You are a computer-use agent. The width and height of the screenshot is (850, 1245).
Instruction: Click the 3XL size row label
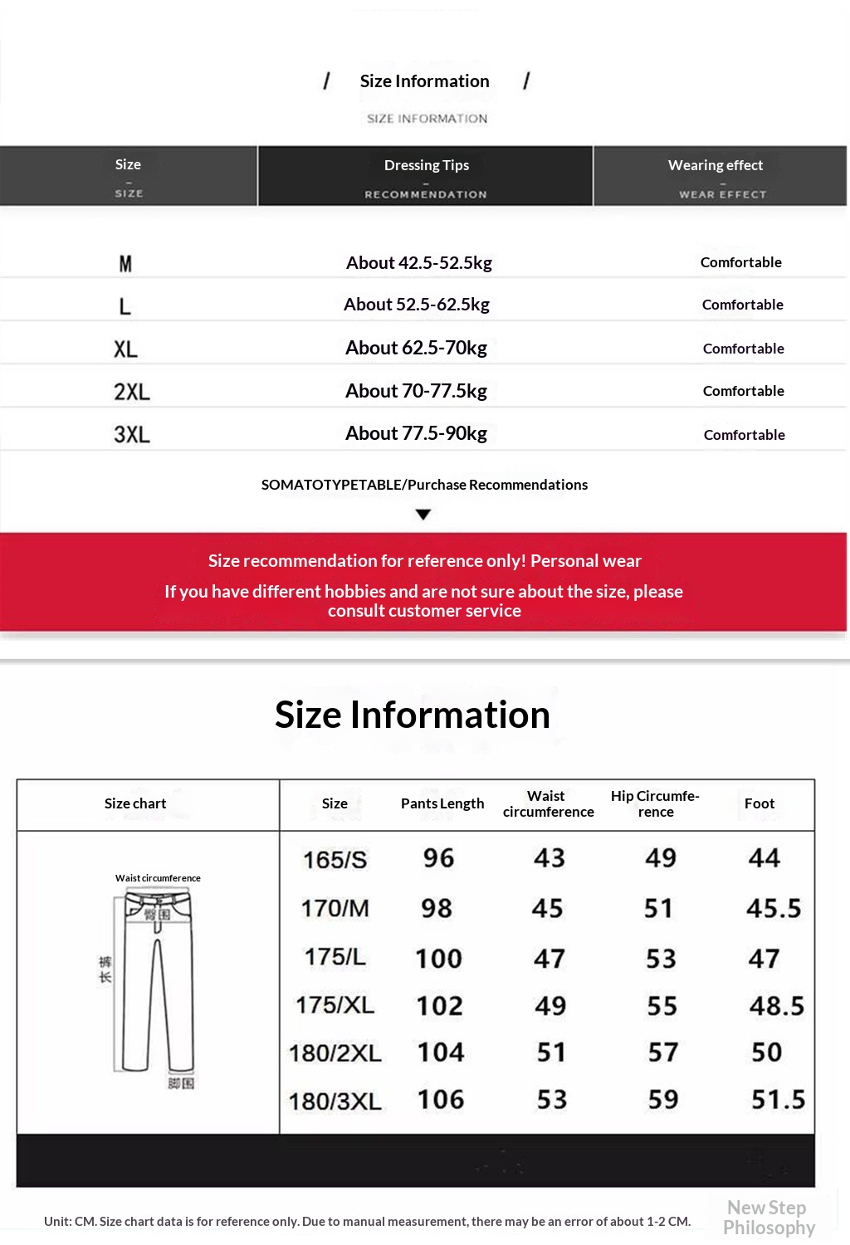tap(132, 434)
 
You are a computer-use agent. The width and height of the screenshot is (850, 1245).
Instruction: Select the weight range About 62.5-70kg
tap(416, 348)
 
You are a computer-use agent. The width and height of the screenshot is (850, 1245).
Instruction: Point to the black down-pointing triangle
tap(423, 515)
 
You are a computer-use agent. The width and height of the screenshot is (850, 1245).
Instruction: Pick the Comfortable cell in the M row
tap(740, 262)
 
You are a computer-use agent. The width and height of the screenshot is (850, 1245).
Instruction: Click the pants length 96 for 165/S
tap(438, 858)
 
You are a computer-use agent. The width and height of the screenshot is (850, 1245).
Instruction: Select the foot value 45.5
tap(774, 908)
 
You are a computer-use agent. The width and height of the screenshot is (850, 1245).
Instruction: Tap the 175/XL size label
tap(335, 1005)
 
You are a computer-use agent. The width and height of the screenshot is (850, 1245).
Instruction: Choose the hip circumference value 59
tap(663, 1100)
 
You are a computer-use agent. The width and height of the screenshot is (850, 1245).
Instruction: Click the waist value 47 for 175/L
tap(550, 959)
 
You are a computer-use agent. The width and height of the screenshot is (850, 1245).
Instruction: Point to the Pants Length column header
tap(442, 803)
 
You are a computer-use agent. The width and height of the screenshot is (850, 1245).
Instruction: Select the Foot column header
tap(760, 803)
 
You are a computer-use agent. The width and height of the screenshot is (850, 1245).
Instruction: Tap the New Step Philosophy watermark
tap(768, 1218)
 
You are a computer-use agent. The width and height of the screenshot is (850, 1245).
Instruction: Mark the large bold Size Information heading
tap(413, 715)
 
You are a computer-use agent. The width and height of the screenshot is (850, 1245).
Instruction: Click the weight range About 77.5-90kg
tap(416, 433)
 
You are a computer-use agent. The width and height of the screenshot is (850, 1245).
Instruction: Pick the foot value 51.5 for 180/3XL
tap(778, 1100)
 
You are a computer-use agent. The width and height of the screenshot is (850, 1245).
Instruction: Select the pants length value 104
tap(441, 1052)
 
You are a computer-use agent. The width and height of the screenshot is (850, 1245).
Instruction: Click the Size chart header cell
tap(135, 803)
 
